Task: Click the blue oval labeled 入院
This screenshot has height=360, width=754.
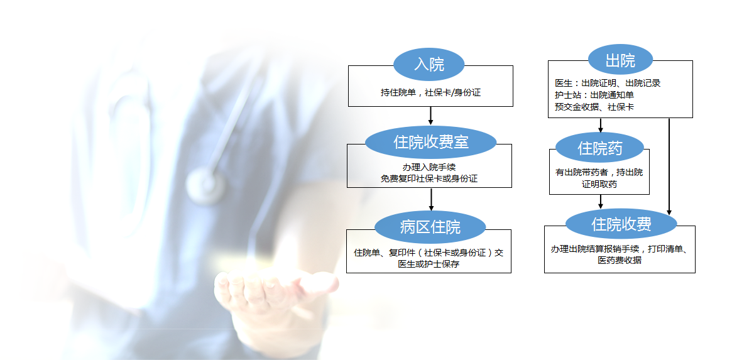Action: click(429, 64)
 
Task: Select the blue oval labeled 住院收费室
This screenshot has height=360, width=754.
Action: click(431, 142)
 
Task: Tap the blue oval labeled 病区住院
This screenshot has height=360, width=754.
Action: click(430, 227)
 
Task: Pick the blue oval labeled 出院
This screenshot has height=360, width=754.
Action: click(620, 60)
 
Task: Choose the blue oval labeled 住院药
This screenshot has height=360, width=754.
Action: click(600, 148)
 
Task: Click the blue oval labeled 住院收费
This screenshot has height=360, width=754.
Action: click(621, 224)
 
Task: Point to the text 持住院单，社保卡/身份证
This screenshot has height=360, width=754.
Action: click(430, 92)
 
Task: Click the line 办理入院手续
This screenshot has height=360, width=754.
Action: click(429, 167)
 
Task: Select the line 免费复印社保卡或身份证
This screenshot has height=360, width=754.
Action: click(429, 178)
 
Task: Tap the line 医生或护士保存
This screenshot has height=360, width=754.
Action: click(429, 264)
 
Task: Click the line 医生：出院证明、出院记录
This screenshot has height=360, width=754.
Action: click(608, 83)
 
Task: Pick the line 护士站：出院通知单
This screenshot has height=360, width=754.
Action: click(594, 95)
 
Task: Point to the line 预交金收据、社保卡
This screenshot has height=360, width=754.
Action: click(594, 107)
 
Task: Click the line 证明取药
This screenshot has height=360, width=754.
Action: click(599, 184)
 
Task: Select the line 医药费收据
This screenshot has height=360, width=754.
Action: click(620, 260)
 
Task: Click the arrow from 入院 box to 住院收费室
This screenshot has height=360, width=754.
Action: click(430, 116)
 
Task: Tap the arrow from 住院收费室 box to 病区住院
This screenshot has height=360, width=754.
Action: click(431, 200)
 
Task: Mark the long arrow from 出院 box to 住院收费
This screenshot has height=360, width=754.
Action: click(669, 166)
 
